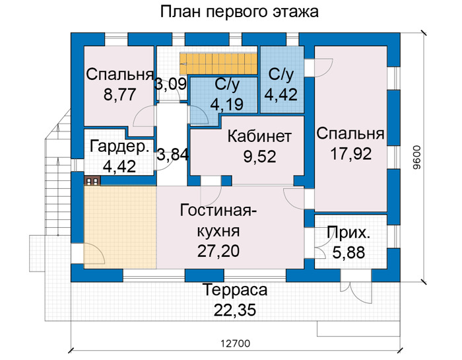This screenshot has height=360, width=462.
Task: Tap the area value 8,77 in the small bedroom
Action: pos(119,94)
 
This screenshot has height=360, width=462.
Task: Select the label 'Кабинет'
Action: pos(259,137)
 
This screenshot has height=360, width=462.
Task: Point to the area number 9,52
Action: pos(259,157)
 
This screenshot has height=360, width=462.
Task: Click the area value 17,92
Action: pos(351,154)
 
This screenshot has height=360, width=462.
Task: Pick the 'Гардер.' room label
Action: pos(119,147)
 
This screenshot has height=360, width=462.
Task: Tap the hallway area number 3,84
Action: pos(172,155)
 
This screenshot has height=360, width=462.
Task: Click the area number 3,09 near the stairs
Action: pos(171,84)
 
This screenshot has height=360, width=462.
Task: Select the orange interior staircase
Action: pos(218,64)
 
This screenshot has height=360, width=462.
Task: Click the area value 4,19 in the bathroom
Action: pos(226,104)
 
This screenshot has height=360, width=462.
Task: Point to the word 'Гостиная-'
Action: pos(218,211)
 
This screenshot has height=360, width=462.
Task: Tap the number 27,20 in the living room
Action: pos(218,250)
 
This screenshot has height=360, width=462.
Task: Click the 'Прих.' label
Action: pos(348,233)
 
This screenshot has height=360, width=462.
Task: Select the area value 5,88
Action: pos(349,253)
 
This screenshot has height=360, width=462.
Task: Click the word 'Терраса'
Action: pos(236,290)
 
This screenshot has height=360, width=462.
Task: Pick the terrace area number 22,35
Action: pos(235,310)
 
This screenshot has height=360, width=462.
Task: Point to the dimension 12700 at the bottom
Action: pos(236,343)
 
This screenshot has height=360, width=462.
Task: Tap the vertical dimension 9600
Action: pos(417,158)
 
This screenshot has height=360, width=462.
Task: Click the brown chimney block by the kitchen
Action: pos(92,181)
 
